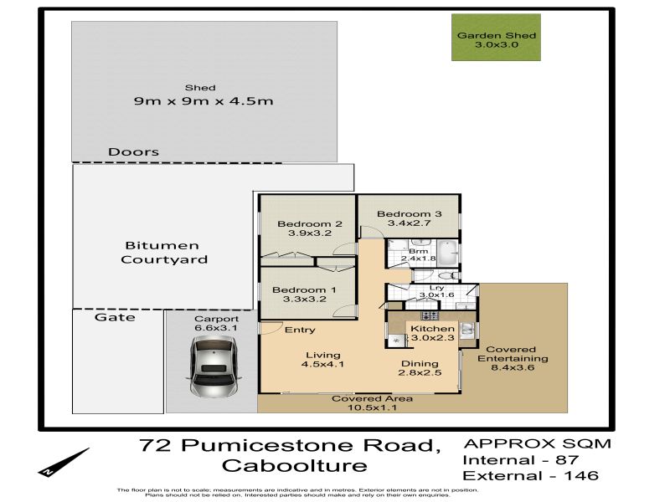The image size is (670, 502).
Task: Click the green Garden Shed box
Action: (x=496, y=37)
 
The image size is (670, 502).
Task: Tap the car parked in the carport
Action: (x=214, y=366)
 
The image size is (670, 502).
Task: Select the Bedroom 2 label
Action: (x=310, y=223)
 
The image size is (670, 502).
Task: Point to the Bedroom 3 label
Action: (x=410, y=214)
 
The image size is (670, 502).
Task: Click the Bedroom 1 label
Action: (x=304, y=289)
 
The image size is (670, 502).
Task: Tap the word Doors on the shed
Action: (x=133, y=152)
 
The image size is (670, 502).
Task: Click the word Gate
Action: (x=115, y=317)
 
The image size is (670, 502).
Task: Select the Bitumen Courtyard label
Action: (x=164, y=253)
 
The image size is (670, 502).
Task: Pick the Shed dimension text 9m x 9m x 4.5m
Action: (x=204, y=101)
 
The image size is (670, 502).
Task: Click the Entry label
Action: (x=300, y=330)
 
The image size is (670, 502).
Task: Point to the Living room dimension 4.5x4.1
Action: (x=322, y=364)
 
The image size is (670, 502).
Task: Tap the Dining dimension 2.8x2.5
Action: (x=420, y=372)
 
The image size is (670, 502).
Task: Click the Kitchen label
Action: (x=432, y=328)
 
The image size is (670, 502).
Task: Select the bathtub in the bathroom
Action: (x=447, y=253)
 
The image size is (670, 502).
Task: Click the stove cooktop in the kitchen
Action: (x=430, y=316)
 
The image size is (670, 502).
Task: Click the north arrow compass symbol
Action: (x=64, y=463)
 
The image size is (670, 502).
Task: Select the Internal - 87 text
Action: (x=521, y=460)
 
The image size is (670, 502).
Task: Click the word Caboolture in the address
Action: (x=295, y=465)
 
